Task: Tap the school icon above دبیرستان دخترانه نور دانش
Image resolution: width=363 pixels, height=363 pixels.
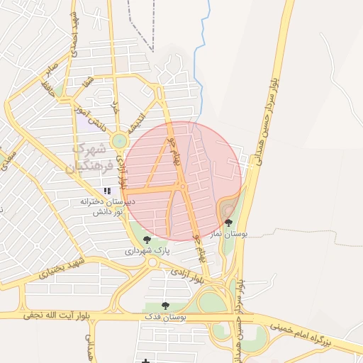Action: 107,191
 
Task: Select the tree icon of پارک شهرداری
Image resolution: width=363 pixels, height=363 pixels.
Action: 147,240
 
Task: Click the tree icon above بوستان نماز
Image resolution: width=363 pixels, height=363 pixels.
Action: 228,223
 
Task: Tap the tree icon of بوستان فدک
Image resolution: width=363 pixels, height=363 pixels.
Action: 165,306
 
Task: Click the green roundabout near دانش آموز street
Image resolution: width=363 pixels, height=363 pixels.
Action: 119,140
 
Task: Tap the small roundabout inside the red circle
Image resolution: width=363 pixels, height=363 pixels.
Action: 182,187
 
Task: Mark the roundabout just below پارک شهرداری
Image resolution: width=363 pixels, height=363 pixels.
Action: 152,262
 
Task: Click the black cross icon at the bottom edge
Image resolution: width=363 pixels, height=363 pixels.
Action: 145,360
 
